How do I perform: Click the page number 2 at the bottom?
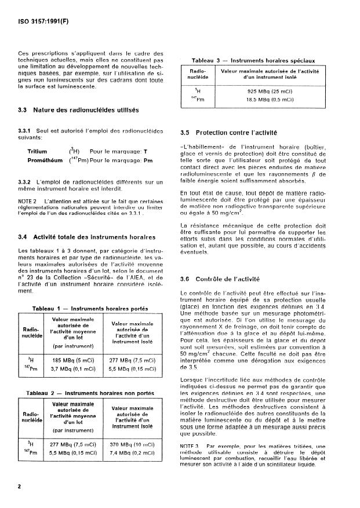(20, 487)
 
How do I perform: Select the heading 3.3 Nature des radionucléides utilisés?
(78, 110)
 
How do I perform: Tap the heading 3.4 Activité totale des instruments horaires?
(86, 237)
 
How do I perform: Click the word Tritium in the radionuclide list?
(38, 151)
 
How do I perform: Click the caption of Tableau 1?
(92, 308)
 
